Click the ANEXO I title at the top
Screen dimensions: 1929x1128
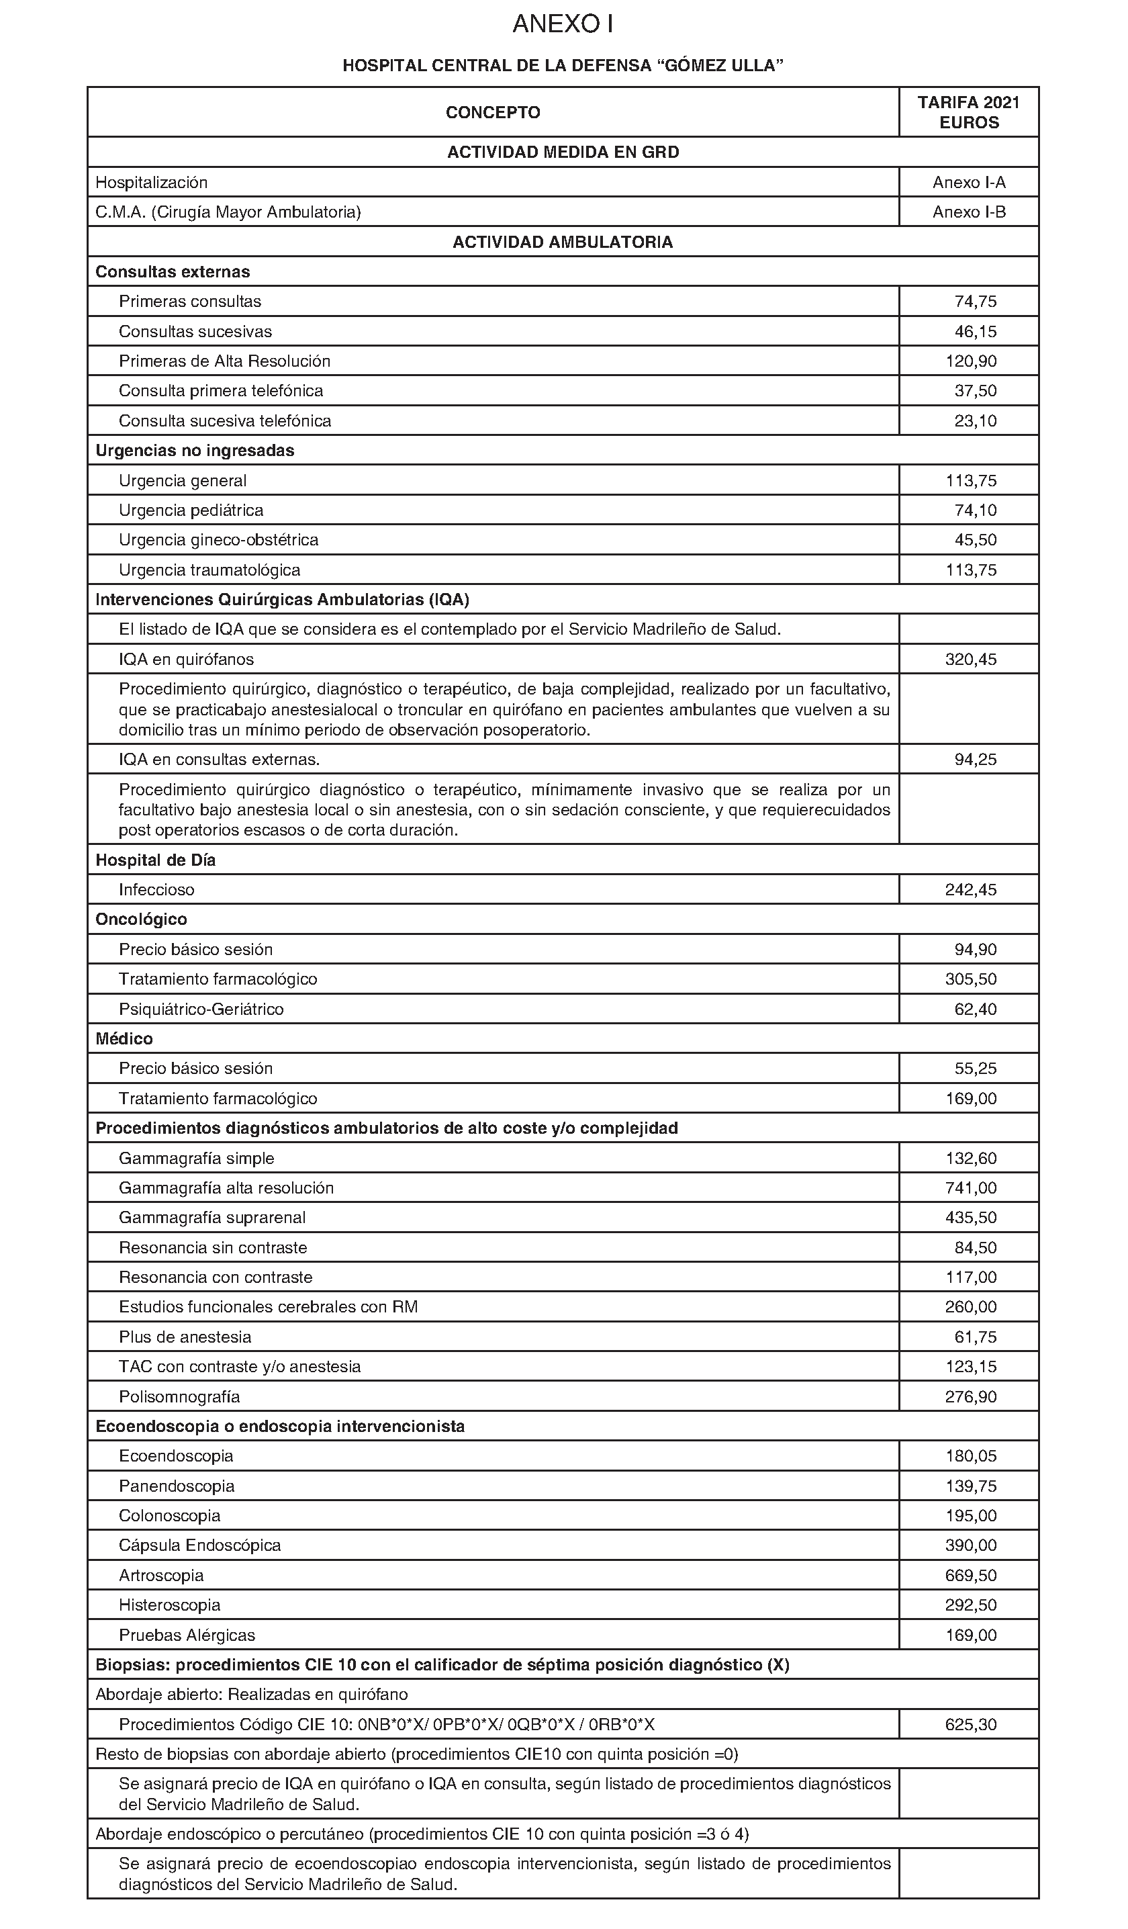pyautogui.click(x=563, y=24)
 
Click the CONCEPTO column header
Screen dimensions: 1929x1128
pyautogui.click(x=493, y=113)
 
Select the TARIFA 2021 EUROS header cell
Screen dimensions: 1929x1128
pyautogui.click(x=969, y=113)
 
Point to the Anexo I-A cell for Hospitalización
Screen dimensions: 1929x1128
pyautogui.click(x=969, y=182)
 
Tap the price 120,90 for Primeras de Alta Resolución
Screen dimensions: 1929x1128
pyautogui.click(x=971, y=361)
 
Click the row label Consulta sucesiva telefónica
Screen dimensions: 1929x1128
pyautogui.click(x=225, y=421)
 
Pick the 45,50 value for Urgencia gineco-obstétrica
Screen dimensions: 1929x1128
pyautogui.click(x=975, y=539)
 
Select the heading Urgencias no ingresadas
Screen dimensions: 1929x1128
pyautogui.click(x=194, y=450)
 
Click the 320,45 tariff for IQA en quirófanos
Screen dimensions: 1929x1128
pyautogui.click(x=971, y=659)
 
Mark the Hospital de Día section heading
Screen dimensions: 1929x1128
pyautogui.click(x=155, y=860)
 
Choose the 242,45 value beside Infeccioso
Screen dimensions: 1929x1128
pyautogui.click(x=971, y=889)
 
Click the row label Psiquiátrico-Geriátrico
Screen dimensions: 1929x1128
pyautogui.click(x=201, y=1009)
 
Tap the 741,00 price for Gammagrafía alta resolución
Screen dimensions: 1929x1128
pyautogui.click(x=971, y=1188)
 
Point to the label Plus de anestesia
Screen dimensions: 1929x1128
pyautogui.click(x=185, y=1337)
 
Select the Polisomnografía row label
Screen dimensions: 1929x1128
pyautogui.click(x=179, y=1396)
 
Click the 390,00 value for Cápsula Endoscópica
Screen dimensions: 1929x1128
pyautogui.click(x=971, y=1545)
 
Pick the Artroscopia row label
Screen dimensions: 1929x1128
pyautogui.click(x=160, y=1575)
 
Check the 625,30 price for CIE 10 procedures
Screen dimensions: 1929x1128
pyautogui.click(x=971, y=1724)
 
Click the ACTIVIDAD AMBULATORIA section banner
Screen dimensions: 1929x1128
pyautogui.click(x=563, y=242)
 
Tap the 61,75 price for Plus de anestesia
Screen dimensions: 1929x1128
pyautogui.click(x=975, y=1337)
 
